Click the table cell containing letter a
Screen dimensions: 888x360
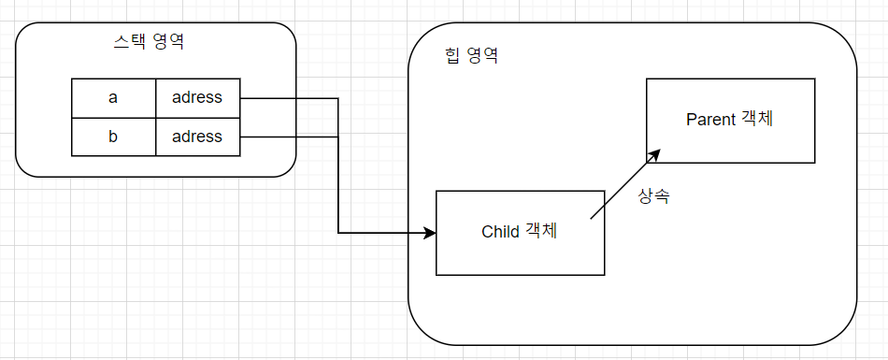pos(113,98)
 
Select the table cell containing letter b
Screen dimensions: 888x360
pos(113,137)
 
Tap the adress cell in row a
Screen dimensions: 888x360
pos(197,98)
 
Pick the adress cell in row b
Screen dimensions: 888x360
pos(197,137)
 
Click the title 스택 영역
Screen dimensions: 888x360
pos(149,42)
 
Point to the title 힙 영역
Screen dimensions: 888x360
pos(472,55)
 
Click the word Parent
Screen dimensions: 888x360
pos(710,120)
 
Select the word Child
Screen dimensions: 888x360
pos(500,232)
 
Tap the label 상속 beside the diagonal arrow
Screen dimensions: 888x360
pos(653,196)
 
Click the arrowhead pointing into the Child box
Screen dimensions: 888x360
pos(430,233)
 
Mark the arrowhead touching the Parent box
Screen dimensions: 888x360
pos(654,155)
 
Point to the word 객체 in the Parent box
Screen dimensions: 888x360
pos(756,120)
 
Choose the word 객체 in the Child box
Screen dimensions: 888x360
pos(541,231)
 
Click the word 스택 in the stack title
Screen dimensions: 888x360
pos(130,42)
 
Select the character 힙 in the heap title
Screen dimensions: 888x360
pos(453,55)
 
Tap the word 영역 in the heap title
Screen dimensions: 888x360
pos(482,55)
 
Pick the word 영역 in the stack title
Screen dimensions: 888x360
pos(168,42)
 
